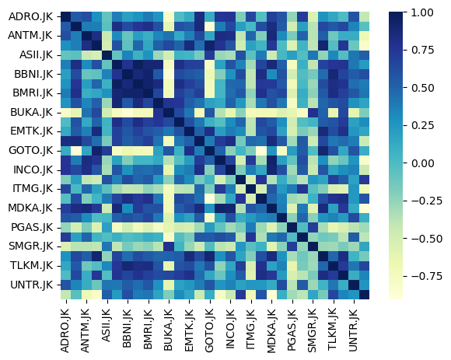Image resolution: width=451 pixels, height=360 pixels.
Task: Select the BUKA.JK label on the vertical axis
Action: point(29,113)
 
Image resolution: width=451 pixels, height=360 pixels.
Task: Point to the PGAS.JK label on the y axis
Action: point(29,227)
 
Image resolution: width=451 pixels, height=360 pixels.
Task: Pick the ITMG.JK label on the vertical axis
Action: point(29,189)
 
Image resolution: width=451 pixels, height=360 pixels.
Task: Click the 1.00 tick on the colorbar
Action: point(422,13)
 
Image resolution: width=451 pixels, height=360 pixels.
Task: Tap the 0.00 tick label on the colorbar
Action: point(422,163)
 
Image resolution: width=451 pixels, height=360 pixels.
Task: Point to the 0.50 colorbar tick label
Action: point(422,89)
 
